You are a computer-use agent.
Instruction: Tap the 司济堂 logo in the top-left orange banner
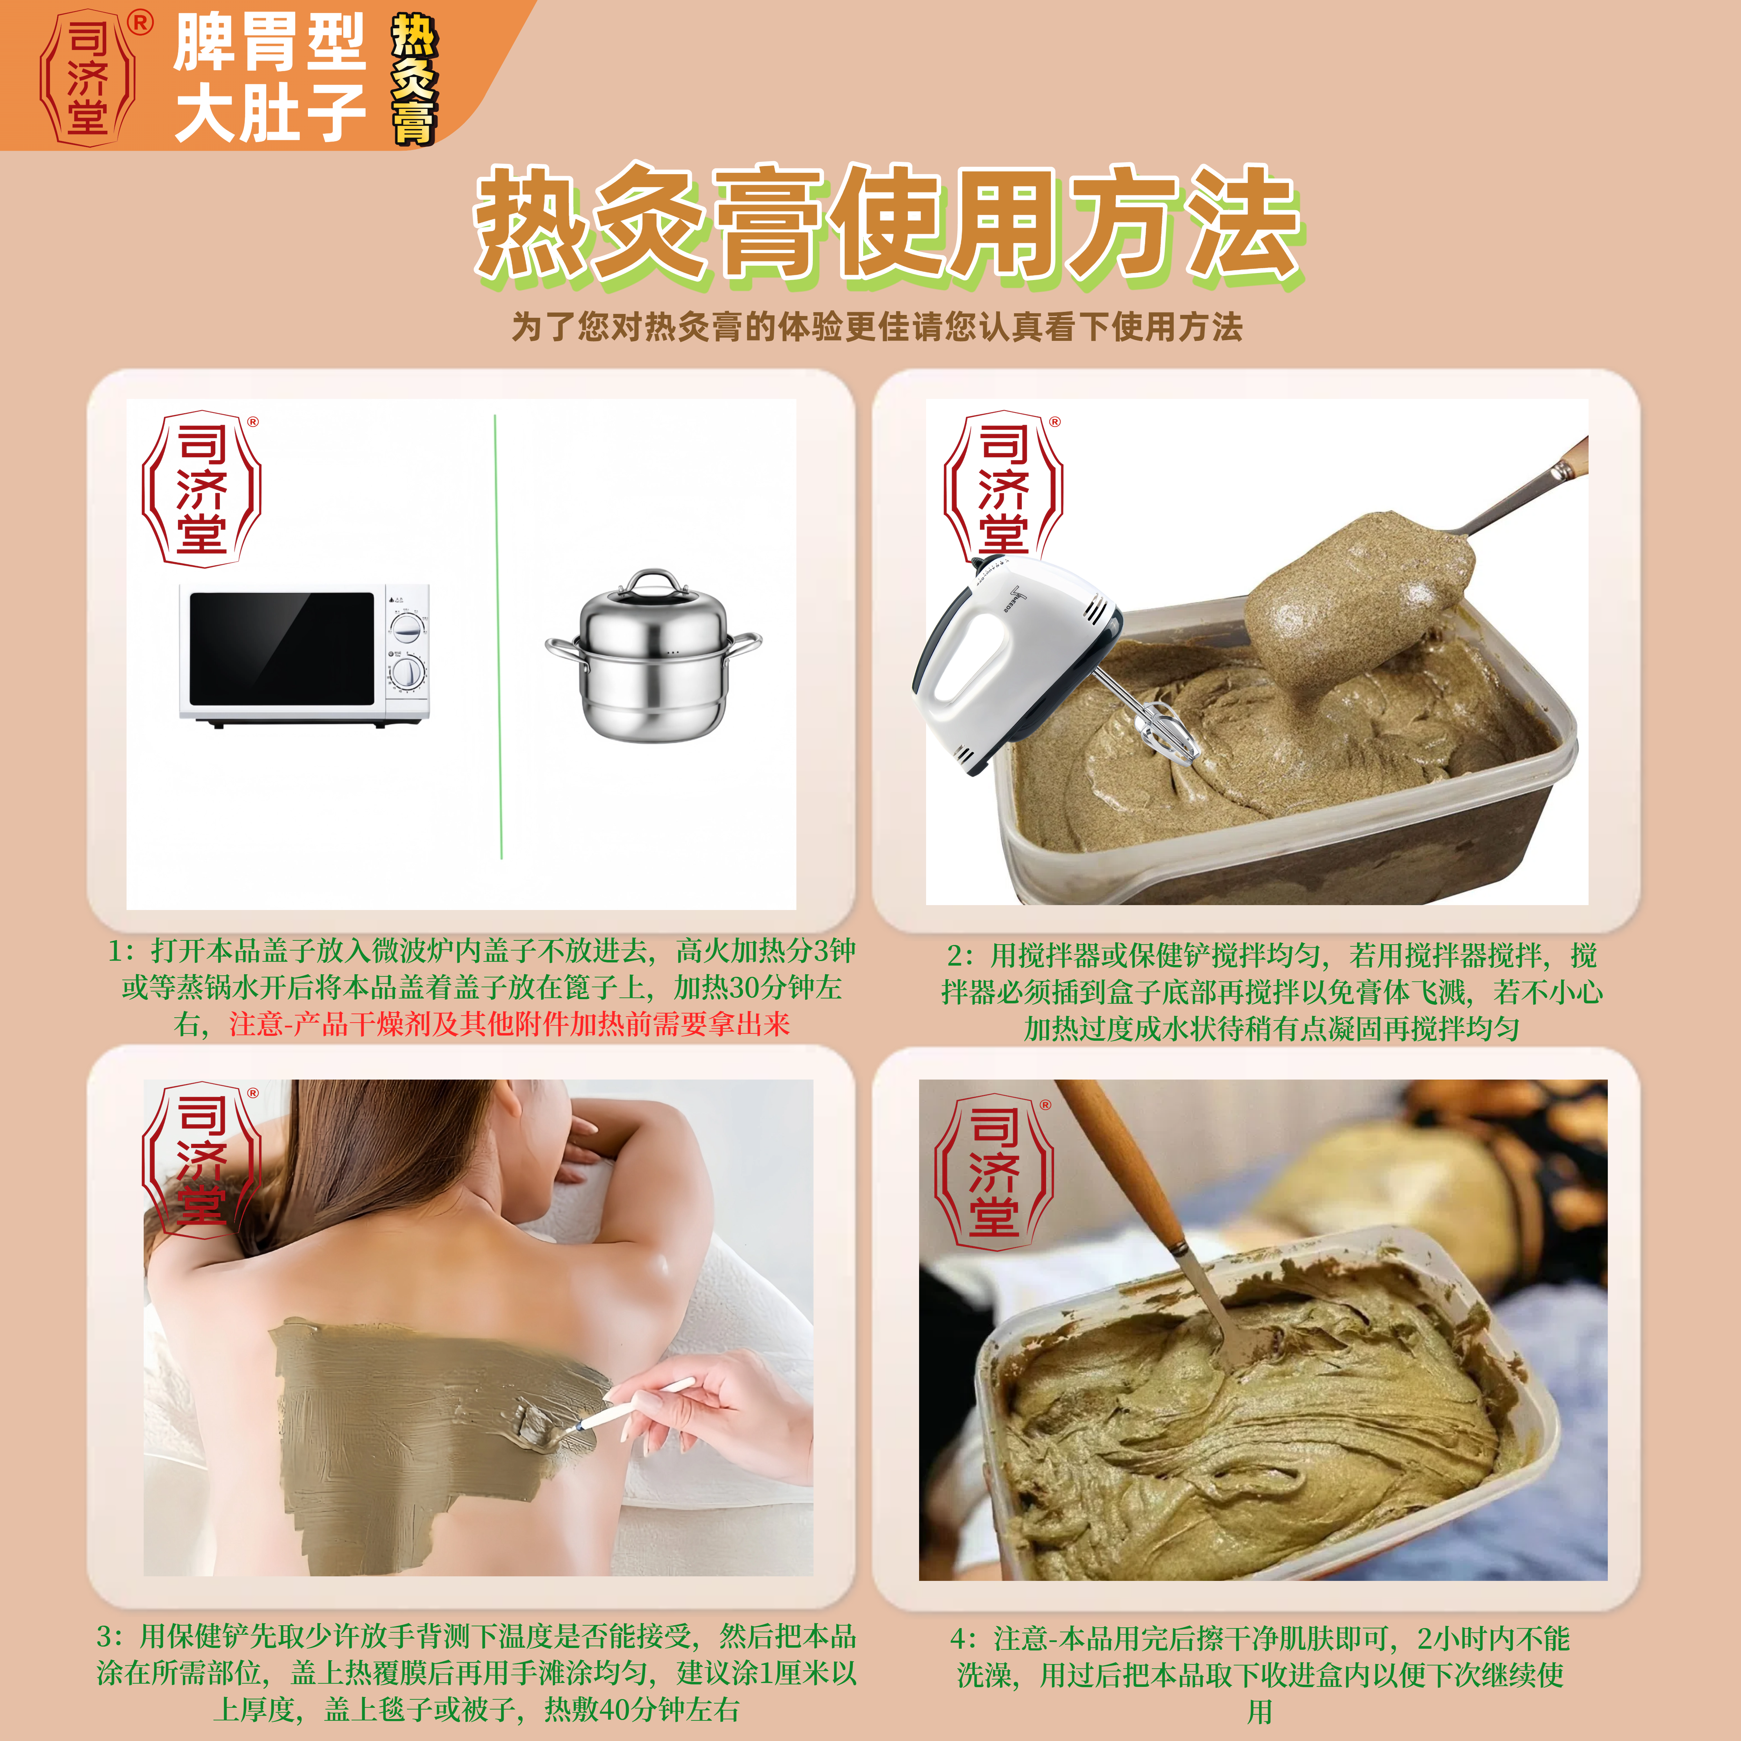(x=87, y=77)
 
